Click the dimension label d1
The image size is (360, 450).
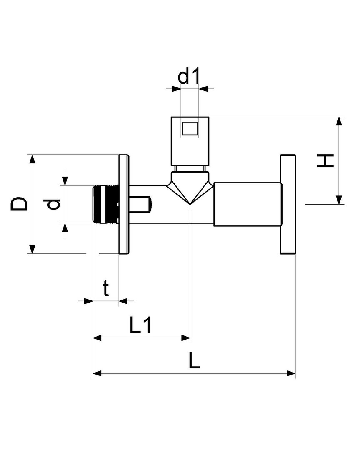click(x=188, y=77)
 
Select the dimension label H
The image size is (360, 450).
click(x=325, y=160)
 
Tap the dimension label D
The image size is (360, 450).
click(x=19, y=204)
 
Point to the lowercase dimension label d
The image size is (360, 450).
click(x=54, y=204)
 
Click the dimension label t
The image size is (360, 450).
click(x=106, y=288)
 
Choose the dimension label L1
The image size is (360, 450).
click(x=140, y=325)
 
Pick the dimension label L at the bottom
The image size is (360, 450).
click(x=194, y=361)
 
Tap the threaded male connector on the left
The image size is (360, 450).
click(x=106, y=204)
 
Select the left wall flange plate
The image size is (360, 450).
click(x=124, y=204)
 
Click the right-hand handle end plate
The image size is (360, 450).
click(x=288, y=204)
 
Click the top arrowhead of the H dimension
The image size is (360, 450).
click(x=339, y=121)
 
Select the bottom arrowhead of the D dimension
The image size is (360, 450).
click(x=32, y=249)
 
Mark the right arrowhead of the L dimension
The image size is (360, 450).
click(x=291, y=373)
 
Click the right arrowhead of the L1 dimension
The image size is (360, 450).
click(x=186, y=338)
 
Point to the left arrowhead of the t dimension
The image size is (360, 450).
click(x=88, y=301)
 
